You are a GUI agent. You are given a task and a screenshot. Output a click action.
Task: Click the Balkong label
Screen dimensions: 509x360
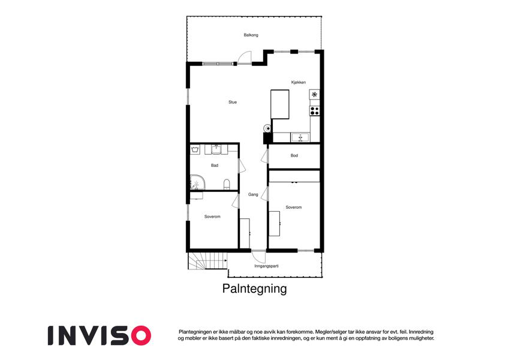click(251, 35)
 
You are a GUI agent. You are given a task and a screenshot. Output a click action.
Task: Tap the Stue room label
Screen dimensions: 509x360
click(233, 102)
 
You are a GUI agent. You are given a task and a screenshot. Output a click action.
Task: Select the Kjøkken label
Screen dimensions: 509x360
click(299, 82)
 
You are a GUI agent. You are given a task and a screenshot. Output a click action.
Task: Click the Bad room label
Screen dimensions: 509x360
click(215, 166)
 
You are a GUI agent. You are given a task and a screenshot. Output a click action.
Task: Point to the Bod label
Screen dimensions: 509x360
click(294, 155)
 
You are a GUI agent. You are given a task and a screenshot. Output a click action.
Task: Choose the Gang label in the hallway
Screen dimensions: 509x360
click(253, 194)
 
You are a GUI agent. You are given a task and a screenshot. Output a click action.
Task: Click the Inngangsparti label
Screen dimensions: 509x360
click(267, 266)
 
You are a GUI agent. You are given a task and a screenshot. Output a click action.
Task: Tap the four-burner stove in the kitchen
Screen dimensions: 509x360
click(314, 111)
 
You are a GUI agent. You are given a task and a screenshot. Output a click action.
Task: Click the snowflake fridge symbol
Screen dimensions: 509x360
click(314, 95)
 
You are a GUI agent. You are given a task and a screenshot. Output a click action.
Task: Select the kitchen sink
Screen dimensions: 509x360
click(300, 137)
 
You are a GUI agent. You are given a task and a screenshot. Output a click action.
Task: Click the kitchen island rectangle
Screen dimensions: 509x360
click(280, 104)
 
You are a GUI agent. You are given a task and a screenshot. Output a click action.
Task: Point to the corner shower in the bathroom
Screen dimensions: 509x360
click(197, 182)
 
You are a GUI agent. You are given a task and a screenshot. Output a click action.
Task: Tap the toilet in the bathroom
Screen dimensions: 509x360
click(227, 184)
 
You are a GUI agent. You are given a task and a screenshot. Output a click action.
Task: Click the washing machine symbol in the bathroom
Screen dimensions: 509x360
click(195, 149)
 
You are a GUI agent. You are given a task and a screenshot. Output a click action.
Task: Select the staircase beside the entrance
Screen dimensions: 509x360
click(207, 261)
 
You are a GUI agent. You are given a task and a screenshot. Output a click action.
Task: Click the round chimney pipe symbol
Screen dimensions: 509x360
click(267, 128)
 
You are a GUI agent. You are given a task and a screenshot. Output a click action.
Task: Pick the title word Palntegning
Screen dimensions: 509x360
click(254, 289)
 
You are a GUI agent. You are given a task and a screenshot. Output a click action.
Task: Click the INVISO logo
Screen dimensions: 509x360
click(100, 335)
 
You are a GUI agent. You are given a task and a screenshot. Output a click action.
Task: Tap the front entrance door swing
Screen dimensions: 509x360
click(259, 256)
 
